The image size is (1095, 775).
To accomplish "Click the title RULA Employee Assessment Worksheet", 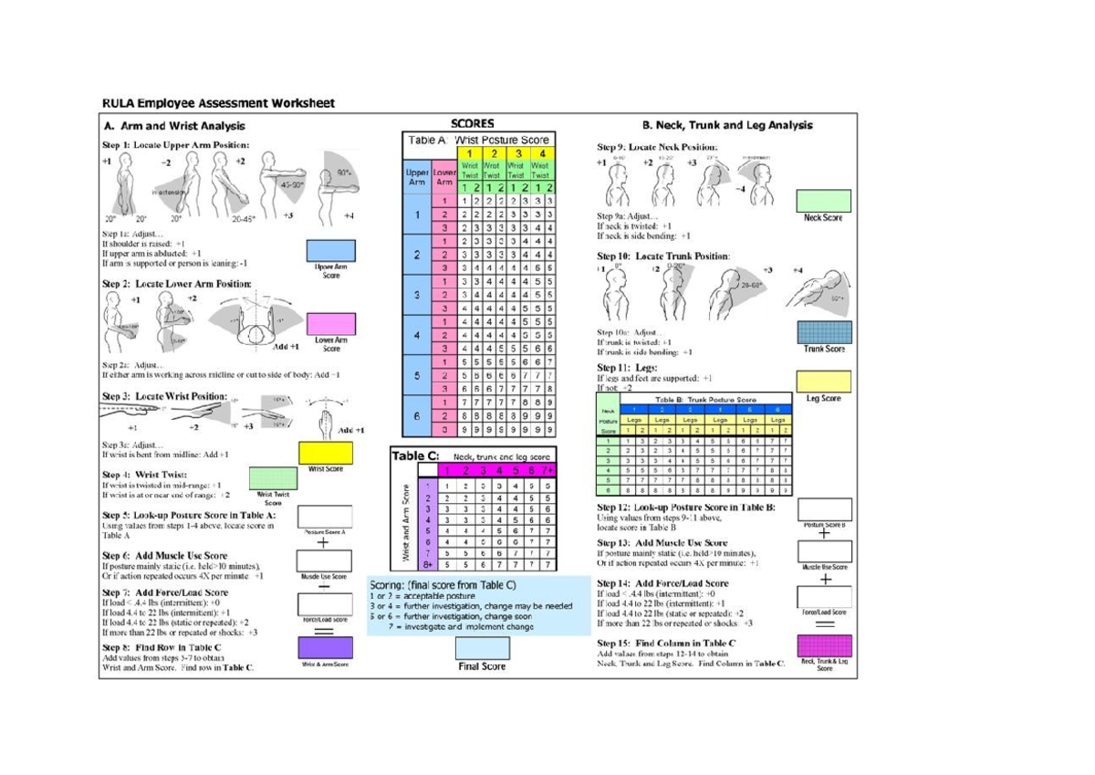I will [218, 103].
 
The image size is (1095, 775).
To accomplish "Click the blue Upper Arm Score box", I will [331, 249].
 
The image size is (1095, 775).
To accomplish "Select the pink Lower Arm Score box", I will [331, 323].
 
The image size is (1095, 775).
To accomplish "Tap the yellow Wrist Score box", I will [326, 452].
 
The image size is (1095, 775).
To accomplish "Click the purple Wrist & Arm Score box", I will [326, 646].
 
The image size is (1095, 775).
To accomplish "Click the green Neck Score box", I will [823, 201].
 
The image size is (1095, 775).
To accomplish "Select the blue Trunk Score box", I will [823, 331].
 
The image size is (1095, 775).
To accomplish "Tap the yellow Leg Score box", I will [823, 382].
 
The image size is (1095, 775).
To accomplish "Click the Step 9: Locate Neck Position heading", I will [657, 147].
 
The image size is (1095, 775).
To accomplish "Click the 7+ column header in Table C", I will [545, 470].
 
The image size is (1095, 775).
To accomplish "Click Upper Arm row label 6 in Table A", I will [415, 415].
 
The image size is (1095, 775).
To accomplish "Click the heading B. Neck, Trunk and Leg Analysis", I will [727, 125].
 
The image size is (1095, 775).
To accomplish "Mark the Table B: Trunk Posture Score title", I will [701, 400].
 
